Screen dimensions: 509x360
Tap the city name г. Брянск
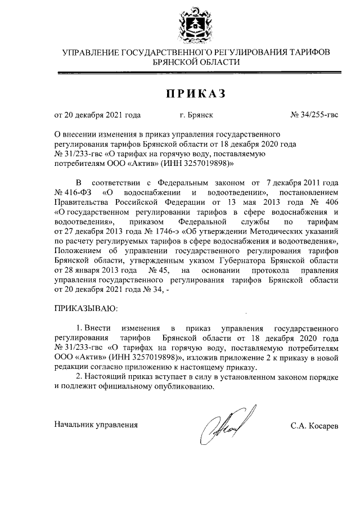196,115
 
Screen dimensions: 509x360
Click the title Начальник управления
96,425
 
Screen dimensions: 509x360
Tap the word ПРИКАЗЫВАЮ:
86,308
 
